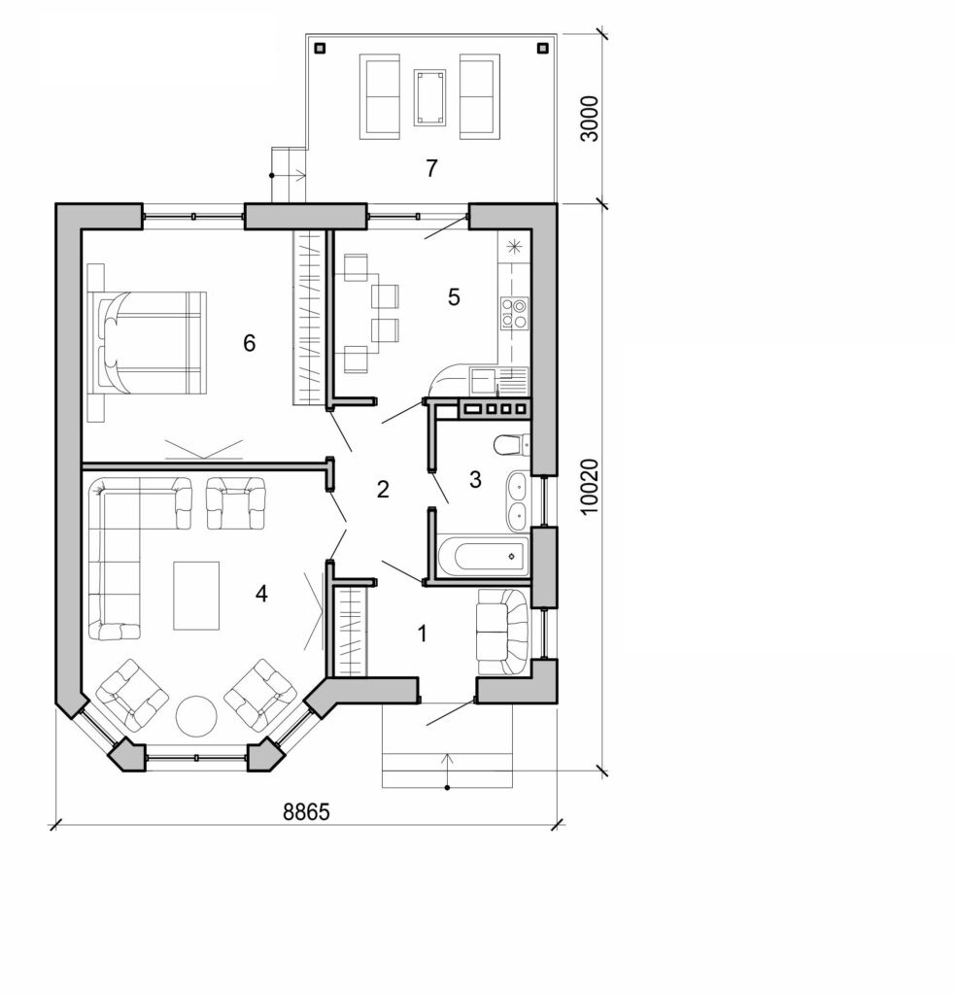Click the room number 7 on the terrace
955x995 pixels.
[430, 167]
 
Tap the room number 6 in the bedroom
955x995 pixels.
[250, 343]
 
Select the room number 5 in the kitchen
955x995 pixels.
[454, 297]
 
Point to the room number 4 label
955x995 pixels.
[260, 593]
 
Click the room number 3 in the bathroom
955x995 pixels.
[475, 479]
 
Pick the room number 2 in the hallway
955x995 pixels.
[383, 489]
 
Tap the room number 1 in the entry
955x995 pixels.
[422, 635]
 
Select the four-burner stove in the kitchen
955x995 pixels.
[513, 312]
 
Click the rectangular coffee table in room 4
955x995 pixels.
[196, 595]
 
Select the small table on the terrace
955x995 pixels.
[429, 96]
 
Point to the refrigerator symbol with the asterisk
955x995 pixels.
[514, 246]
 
